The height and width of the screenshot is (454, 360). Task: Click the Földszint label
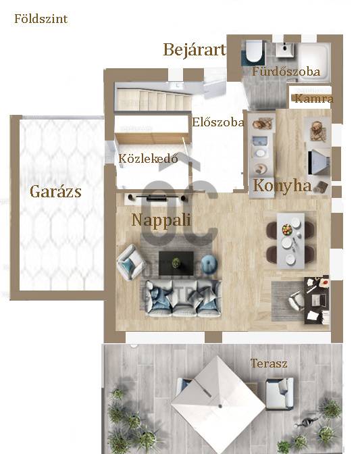[41, 19]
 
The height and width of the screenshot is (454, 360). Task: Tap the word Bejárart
[195, 49]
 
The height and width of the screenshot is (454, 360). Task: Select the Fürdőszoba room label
[286, 72]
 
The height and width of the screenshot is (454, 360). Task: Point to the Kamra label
[314, 99]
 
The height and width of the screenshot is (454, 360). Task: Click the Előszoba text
[218, 122]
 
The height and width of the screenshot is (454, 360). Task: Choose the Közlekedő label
[148, 158]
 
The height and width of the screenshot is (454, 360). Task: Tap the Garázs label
[55, 191]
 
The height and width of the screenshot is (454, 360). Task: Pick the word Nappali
[161, 220]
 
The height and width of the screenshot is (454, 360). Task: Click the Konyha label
[282, 186]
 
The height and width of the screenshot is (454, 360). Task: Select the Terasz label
[269, 363]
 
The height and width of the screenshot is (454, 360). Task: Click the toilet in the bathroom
[255, 51]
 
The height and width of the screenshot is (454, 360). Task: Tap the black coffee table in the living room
[176, 263]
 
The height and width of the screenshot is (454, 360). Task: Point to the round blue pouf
[209, 263]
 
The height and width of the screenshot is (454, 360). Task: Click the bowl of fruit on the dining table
[287, 229]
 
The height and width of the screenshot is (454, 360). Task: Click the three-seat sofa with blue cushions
[183, 299]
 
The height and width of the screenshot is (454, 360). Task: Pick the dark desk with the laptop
[317, 300]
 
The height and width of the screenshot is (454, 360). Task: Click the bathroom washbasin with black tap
[285, 49]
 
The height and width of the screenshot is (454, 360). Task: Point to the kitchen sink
[260, 142]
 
